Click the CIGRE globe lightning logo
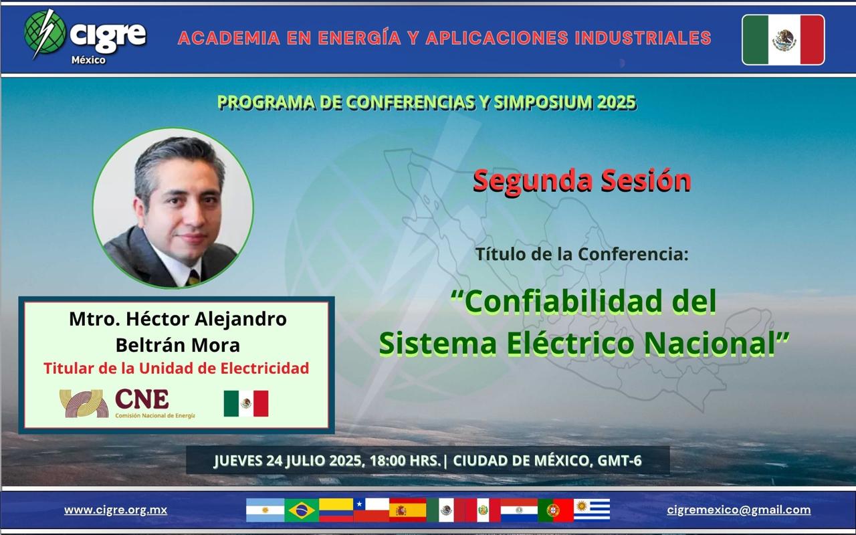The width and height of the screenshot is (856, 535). click(x=44, y=34)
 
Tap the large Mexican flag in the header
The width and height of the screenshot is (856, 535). click(x=783, y=39)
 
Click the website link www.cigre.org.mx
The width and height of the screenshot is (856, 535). click(x=116, y=510)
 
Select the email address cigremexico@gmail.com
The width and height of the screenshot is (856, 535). click(x=739, y=510)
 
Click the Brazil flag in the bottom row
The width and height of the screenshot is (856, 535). click(x=302, y=510)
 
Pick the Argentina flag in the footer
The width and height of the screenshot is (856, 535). click(x=265, y=510)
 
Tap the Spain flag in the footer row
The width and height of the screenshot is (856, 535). click(x=407, y=510)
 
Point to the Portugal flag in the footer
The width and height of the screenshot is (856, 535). click(x=556, y=510)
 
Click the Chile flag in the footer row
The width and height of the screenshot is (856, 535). click(x=371, y=510)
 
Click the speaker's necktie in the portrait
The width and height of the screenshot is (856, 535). click(x=194, y=278)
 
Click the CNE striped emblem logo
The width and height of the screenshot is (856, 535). click(x=84, y=403)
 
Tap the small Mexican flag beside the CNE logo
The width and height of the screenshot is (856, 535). click(x=246, y=403)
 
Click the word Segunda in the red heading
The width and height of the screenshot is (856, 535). click(x=533, y=181)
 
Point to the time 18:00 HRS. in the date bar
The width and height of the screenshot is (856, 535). click(x=405, y=461)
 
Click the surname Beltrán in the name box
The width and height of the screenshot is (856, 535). click(x=149, y=345)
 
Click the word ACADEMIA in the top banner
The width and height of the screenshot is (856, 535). click(x=229, y=38)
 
